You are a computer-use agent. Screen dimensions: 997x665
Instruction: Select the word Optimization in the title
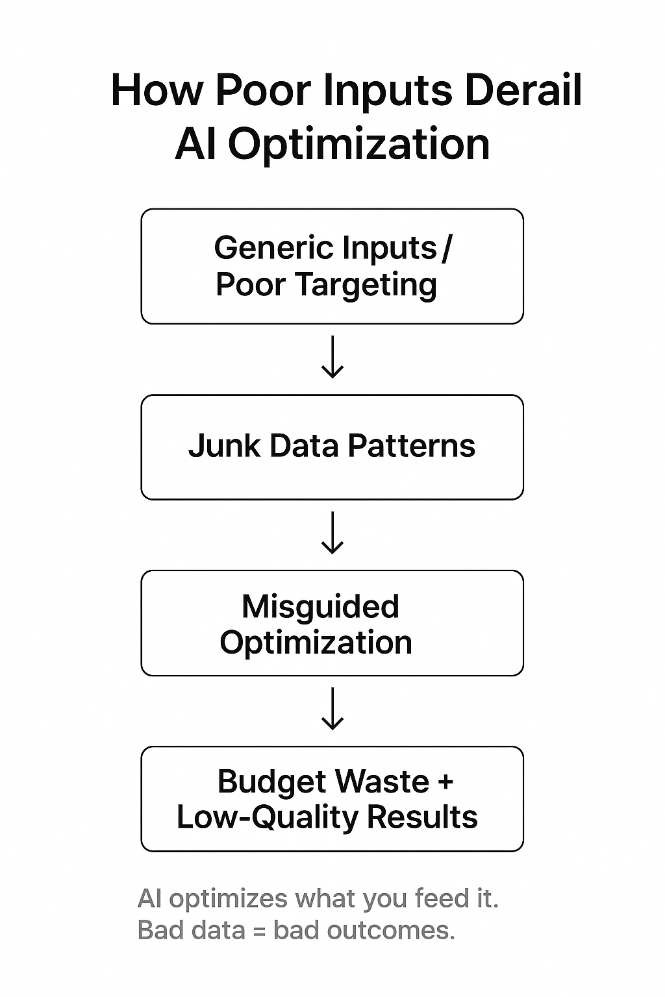click(358, 144)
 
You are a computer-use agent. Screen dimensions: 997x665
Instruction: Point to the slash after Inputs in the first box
click(445, 249)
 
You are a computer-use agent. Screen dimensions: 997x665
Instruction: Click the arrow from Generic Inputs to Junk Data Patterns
click(332, 358)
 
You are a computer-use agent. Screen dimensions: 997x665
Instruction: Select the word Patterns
click(411, 447)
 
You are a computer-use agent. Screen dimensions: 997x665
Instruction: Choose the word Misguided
click(320, 607)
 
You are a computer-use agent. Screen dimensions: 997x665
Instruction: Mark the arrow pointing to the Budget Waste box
click(332, 709)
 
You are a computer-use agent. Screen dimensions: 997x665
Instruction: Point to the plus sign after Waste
click(445, 782)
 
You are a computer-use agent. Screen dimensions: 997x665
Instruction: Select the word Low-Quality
click(267, 818)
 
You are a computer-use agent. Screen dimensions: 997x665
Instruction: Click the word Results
click(422, 817)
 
